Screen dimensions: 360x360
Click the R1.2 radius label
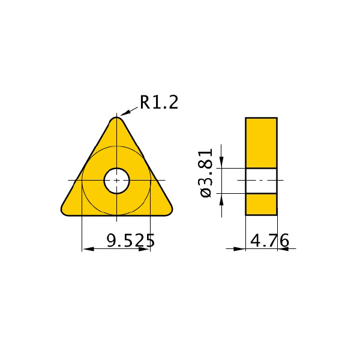[159, 103]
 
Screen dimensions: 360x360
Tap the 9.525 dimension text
[131, 241]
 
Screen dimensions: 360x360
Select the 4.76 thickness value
[269, 241]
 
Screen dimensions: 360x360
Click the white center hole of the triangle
[116, 181]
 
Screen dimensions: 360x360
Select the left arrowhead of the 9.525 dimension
[88, 249]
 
